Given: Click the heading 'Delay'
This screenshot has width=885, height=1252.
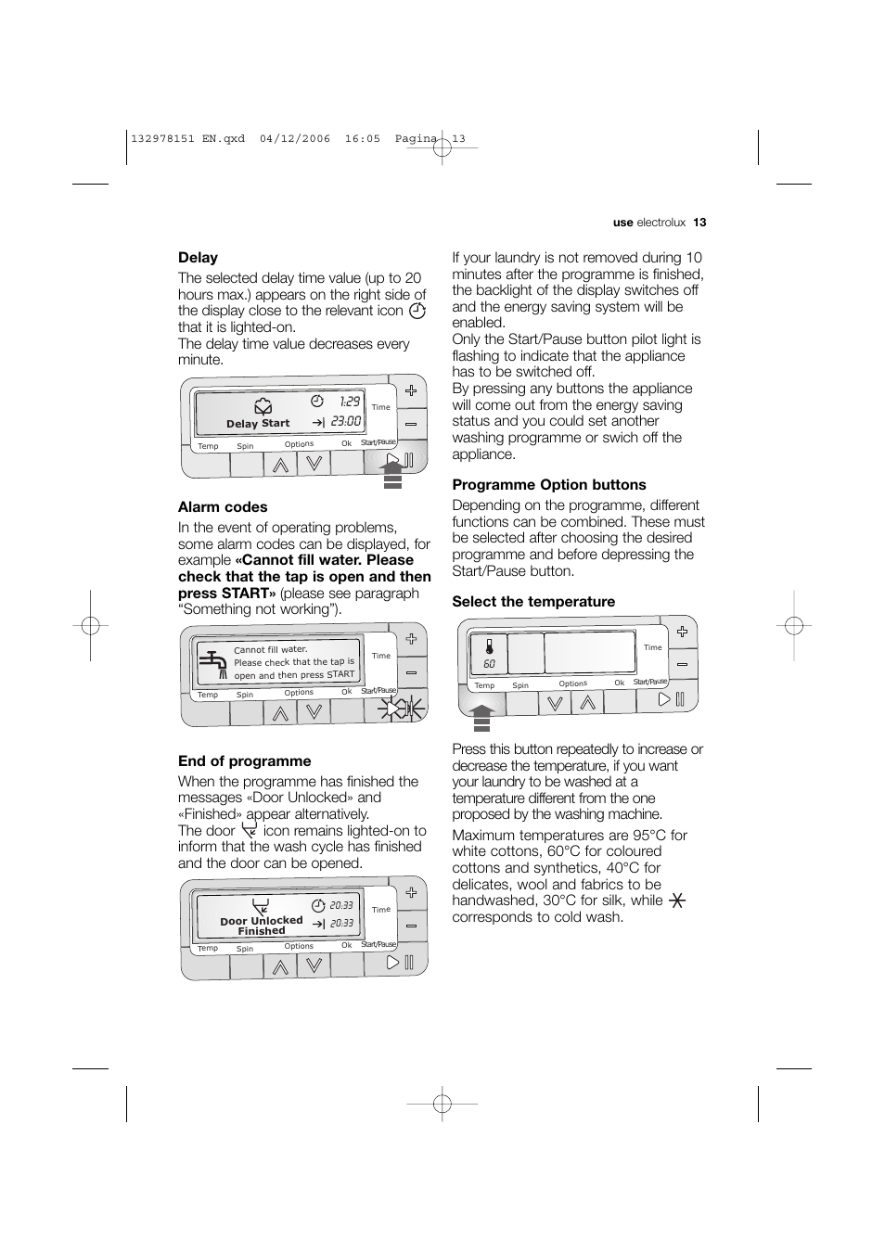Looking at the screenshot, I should tap(198, 258).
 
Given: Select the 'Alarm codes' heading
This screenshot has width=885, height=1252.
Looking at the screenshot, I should tap(223, 507).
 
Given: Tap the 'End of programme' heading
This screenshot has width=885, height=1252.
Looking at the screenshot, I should tap(244, 761).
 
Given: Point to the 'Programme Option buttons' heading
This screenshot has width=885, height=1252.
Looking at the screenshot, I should tap(548, 485).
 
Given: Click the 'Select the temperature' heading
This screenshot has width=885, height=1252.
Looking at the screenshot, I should tap(533, 602).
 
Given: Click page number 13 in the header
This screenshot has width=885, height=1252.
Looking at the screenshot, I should tap(699, 223).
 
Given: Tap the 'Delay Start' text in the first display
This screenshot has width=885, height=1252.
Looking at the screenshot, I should tap(258, 424).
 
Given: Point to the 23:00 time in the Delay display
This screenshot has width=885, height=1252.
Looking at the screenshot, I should tap(345, 422).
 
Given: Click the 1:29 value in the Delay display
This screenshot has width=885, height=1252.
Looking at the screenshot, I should tap(349, 402).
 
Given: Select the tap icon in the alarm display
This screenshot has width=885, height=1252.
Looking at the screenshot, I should tap(213, 664).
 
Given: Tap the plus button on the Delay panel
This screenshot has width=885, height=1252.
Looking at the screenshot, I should tap(410, 391).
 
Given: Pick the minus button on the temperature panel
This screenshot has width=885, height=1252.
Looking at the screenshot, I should tap(682, 665).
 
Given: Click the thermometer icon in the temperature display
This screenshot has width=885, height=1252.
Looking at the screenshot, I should tap(489, 647).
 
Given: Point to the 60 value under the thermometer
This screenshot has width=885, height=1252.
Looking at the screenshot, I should tap(489, 665).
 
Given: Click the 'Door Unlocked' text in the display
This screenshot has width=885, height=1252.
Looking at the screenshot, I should tap(261, 921).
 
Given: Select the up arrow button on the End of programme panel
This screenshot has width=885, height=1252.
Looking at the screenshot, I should tap(280, 965).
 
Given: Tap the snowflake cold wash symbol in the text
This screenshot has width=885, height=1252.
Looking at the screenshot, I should tap(677, 901).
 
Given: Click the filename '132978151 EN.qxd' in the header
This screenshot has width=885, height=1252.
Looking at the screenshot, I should tap(188, 139).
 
